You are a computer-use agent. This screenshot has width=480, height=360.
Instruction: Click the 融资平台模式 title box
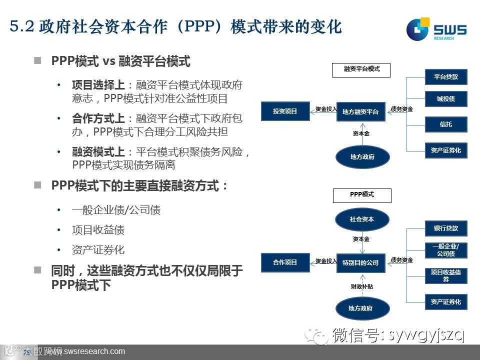click(x=361, y=69)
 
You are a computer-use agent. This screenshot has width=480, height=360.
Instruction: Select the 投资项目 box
click(x=285, y=111)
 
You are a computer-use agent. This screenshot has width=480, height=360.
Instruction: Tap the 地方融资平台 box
click(x=360, y=112)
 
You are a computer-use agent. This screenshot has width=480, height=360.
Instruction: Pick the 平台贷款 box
click(x=446, y=77)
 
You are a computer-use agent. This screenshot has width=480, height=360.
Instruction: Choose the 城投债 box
click(x=446, y=99)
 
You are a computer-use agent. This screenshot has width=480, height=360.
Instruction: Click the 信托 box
click(x=446, y=124)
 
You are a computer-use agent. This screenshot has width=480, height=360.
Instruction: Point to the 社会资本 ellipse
click(x=362, y=219)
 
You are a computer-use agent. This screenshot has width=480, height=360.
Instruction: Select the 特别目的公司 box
click(x=360, y=262)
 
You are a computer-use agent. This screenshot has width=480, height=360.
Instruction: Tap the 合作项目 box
click(x=285, y=262)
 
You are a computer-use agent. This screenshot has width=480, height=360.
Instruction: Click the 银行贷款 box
click(x=446, y=228)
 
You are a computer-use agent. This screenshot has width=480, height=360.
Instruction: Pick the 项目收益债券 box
click(x=446, y=275)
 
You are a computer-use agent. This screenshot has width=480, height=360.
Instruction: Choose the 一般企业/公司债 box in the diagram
click(x=446, y=250)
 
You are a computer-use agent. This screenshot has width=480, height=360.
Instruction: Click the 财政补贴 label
click(x=361, y=287)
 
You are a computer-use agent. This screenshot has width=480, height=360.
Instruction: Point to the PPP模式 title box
click(x=361, y=195)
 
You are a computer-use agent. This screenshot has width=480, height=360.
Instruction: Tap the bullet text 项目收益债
click(x=98, y=230)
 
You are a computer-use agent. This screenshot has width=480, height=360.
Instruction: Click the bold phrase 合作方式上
click(x=99, y=119)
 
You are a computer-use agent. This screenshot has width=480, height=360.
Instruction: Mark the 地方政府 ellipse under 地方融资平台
click(x=362, y=157)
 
